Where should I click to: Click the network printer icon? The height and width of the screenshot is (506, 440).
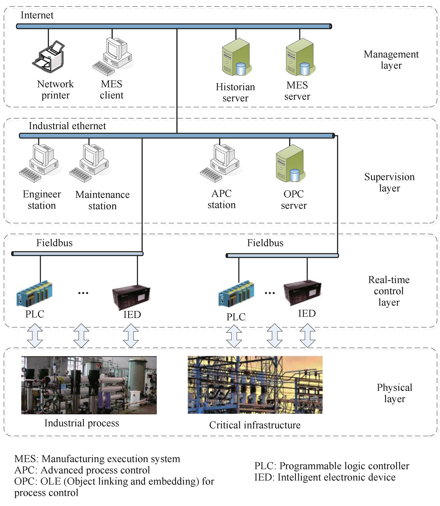coord(49,56)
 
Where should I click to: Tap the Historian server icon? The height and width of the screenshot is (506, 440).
coord(236,57)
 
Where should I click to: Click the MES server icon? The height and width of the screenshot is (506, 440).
coord(300,57)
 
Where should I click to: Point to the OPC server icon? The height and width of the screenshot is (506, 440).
coord(290,164)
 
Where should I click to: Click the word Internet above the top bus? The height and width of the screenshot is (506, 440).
coord(37,15)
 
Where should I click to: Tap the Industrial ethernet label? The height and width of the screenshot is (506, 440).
coord(67,126)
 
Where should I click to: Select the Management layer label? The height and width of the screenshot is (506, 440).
coord(391,60)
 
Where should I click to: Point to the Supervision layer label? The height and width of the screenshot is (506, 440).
coord(389,182)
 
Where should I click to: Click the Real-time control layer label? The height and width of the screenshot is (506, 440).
coord(389,291)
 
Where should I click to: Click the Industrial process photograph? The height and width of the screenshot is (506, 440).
coord(89,385)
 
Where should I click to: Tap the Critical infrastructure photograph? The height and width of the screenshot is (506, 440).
coord(255,385)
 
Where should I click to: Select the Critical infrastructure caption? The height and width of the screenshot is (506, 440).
coord(255,425)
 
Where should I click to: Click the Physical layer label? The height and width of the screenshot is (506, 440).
coord(394,393)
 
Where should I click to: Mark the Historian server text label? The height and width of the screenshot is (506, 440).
coord(235,92)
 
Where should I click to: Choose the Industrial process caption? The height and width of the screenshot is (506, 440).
coord(82,423)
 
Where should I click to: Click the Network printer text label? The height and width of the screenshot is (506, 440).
coord(55,89)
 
